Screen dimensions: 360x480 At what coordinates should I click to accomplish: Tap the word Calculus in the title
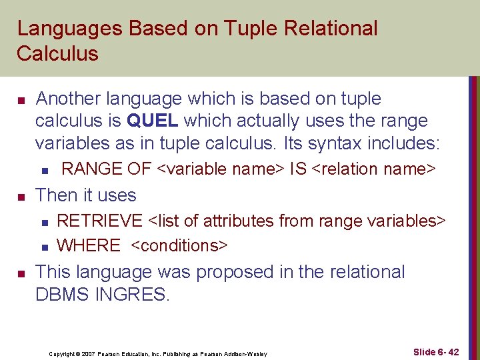[57, 53]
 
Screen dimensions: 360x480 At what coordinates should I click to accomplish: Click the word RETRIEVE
[100, 221]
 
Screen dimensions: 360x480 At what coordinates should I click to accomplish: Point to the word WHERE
[89, 245]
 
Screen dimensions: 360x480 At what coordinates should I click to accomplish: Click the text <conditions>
[179, 245]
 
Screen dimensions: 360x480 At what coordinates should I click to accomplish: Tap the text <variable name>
[221, 169]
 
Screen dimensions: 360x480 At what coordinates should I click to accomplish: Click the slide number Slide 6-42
[435, 351]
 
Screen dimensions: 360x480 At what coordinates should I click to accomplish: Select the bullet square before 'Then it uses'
[21, 197]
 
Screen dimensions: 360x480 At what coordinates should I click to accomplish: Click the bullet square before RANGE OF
[43, 171]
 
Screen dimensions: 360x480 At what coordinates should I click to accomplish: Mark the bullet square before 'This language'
[21, 273]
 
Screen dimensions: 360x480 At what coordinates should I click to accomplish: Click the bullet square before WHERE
[43, 247]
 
